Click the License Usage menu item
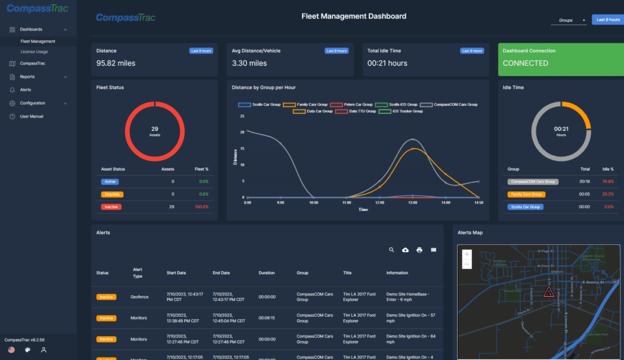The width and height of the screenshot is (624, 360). point(34,52)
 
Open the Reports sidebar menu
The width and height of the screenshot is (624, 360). point(27,77)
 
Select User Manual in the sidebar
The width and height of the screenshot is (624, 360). point(32,116)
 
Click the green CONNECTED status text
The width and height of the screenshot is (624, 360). point(525,63)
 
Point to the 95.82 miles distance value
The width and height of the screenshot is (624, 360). point(116,63)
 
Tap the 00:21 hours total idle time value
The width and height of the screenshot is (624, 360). point(387,63)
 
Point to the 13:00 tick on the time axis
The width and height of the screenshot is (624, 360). point(413,202)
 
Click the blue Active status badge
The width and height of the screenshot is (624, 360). point(111,182)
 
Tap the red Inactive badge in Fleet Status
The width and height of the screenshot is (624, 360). point(111,207)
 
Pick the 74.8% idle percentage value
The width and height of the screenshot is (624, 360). point(607,182)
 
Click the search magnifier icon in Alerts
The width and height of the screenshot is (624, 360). point(392,250)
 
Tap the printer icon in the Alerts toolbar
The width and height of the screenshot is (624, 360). point(419,250)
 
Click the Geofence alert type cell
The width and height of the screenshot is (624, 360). point(140,297)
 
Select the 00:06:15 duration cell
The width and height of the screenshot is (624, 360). point(267,318)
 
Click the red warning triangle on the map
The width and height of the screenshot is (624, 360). point(548,292)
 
